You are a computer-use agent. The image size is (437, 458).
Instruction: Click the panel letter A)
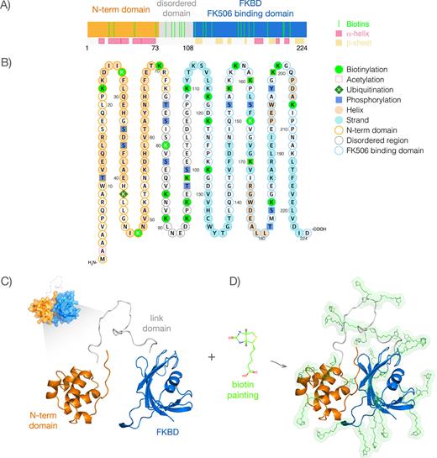click(7, 7)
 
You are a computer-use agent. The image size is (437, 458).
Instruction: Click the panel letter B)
click(7, 61)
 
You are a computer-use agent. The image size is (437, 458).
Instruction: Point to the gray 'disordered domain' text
click(175, 12)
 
